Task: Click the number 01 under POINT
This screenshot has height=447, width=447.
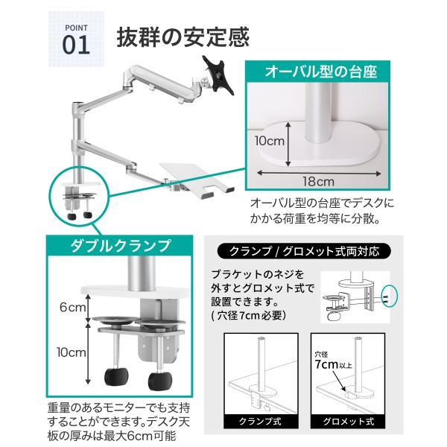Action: (x=76, y=45)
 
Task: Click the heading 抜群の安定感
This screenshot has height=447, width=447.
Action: (x=183, y=37)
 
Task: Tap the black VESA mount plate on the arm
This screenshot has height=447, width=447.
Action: (x=218, y=75)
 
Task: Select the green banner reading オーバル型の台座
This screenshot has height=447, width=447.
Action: (x=317, y=72)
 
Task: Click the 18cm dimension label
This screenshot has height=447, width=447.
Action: (x=318, y=182)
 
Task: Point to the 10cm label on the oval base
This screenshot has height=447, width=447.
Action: (x=270, y=141)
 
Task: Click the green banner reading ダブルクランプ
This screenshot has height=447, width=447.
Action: (x=120, y=245)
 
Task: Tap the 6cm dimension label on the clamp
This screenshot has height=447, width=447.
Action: (x=72, y=307)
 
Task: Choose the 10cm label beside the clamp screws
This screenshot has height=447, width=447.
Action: (x=72, y=352)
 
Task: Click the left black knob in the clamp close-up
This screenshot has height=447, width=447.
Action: (x=116, y=377)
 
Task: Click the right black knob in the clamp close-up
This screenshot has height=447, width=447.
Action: (x=160, y=381)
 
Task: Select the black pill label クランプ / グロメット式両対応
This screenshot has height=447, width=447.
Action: (x=304, y=251)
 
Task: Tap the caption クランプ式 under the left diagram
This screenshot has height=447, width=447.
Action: (x=261, y=421)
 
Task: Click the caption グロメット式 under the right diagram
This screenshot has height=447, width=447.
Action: (x=348, y=421)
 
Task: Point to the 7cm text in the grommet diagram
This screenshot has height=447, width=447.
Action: (x=326, y=364)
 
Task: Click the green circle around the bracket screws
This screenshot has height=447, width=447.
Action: (x=390, y=297)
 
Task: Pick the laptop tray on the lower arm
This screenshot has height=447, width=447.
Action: (x=197, y=179)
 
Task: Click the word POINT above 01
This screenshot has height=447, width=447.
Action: (x=76, y=28)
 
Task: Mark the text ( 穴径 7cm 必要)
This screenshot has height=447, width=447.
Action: (x=248, y=316)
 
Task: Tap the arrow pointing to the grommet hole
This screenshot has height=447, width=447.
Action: (x=339, y=381)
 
